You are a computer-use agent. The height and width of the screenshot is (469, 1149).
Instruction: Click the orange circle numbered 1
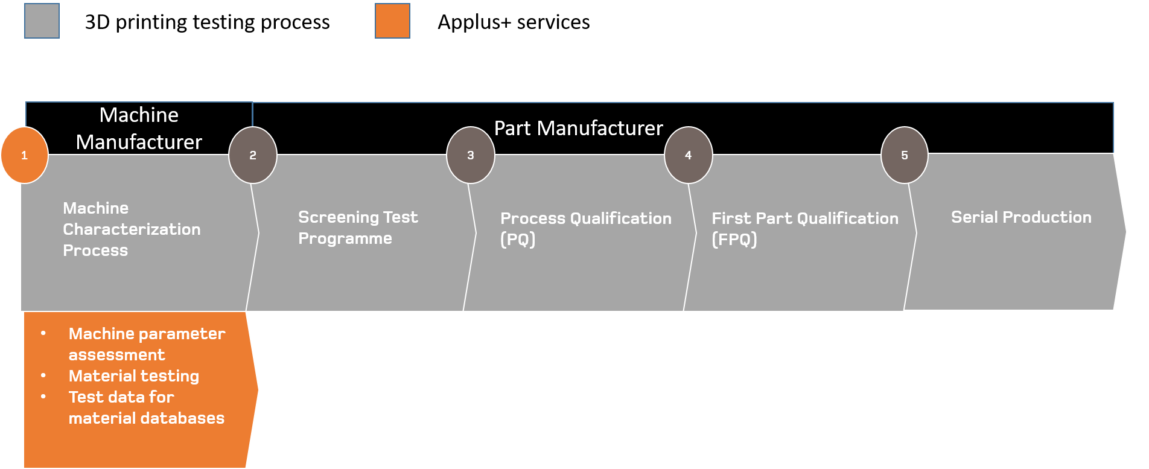pyautogui.click(x=24, y=155)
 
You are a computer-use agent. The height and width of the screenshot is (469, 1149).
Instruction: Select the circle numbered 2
pyautogui.click(x=253, y=155)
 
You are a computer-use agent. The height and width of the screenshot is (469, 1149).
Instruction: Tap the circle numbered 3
pyautogui.click(x=471, y=155)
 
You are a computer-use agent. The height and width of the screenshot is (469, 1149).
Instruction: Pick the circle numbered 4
pyautogui.click(x=688, y=155)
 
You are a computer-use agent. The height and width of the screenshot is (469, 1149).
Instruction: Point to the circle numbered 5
pyautogui.click(x=904, y=155)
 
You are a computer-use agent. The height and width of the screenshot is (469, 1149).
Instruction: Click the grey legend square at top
pyautogui.click(x=42, y=21)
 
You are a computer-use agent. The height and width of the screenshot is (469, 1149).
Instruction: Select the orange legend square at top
pyautogui.click(x=392, y=21)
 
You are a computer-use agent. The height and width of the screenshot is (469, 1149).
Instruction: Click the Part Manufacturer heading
pyautogui.click(x=578, y=129)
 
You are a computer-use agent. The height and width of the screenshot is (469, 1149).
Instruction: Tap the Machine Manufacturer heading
pyautogui.click(x=139, y=129)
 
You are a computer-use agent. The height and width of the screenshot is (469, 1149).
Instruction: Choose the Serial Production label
pyautogui.click(x=1021, y=217)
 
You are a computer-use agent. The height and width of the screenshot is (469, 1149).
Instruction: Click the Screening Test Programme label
pyautogui.click(x=357, y=228)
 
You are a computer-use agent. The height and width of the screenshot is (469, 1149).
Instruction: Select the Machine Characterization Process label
pyautogui.click(x=132, y=229)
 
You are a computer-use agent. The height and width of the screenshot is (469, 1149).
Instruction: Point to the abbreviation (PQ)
pyautogui.click(x=518, y=240)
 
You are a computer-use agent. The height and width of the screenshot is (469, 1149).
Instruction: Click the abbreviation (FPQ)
pyautogui.click(x=734, y=240)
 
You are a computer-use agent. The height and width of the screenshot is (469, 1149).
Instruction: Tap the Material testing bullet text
pyautogui.click(x=133, y=376)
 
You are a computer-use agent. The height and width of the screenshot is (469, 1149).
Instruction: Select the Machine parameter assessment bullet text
pyautogui.click(x=147, y=344)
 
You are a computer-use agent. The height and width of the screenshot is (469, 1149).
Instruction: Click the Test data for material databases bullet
pyautogui.click(x=146, y=407)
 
